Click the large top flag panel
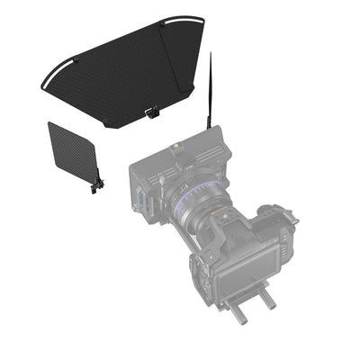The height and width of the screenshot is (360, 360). (117, 76)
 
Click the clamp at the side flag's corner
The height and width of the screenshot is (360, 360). (98, 185)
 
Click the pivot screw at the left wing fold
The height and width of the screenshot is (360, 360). (76, 60)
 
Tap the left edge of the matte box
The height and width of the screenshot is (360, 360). (131, 184)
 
